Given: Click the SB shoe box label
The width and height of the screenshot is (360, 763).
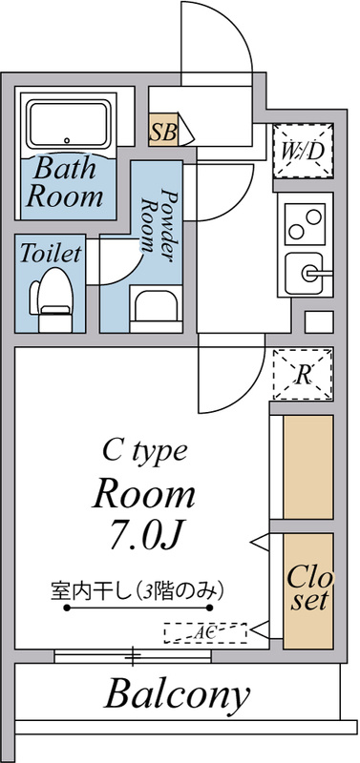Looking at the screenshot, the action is (163, 131).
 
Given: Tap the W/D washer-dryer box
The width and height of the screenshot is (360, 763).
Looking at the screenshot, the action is (303, 151).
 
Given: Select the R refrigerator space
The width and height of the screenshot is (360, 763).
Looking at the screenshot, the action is (303, 374).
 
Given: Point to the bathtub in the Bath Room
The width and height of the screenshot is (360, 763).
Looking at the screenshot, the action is (68, 125).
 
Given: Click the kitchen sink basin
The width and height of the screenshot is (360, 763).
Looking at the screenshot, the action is (304, 274).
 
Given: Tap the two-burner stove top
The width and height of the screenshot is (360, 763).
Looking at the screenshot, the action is (306, 224).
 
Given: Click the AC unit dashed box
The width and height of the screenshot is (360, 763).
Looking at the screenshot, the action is (205, 632).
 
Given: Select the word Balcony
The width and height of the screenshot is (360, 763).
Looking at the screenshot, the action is (177, 695).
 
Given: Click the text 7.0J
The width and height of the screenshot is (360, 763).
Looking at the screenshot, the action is (146, 535).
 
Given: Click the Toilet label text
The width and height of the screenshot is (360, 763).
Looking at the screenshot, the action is (51, 253).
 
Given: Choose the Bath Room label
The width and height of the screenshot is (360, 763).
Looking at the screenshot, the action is (65, 182).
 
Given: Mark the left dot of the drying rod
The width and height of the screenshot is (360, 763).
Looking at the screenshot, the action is (67, 608).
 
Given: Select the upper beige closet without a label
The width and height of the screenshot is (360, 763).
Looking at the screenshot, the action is (308, 466).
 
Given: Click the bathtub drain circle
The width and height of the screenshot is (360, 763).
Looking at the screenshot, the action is (67, 140).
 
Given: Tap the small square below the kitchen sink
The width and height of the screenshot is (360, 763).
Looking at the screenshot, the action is (319, 321).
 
